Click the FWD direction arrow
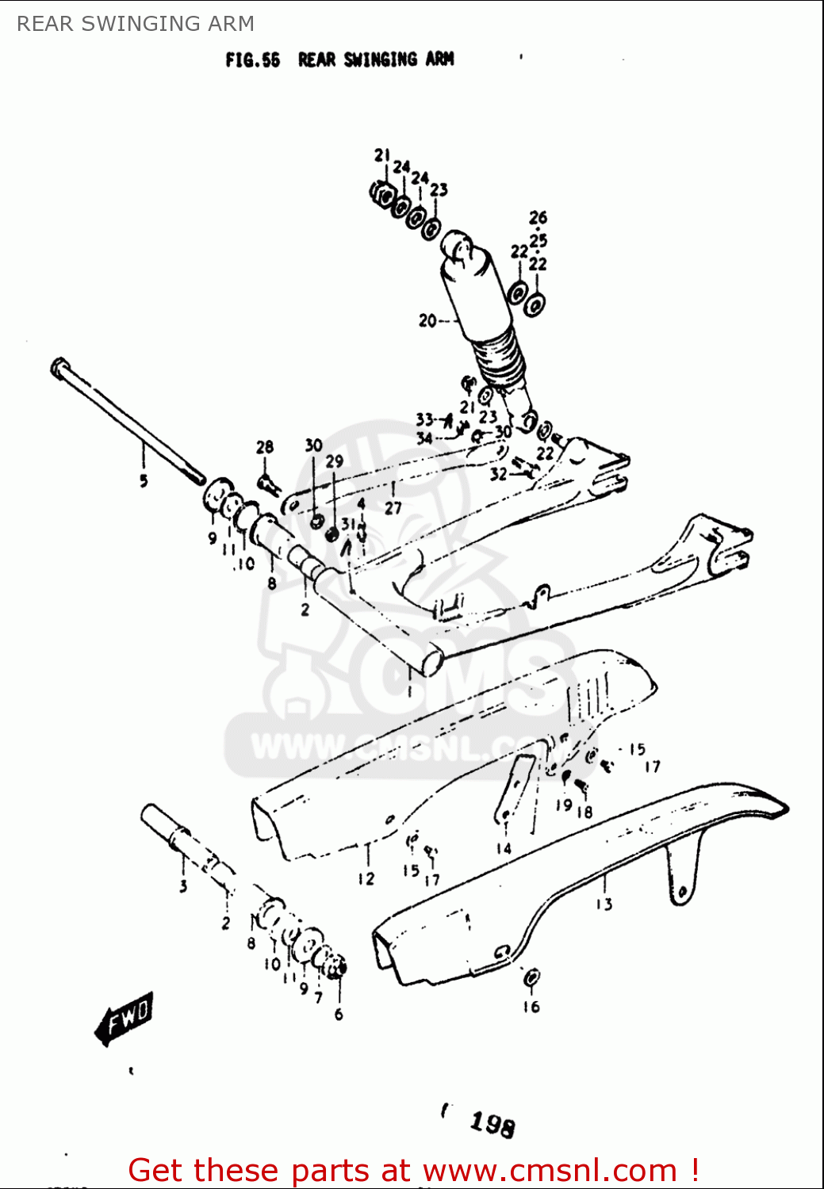point(124,1018)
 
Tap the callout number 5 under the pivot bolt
point(144,480)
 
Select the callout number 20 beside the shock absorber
point(427,321)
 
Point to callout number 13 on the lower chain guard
point(604,904)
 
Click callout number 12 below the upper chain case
point(366,878)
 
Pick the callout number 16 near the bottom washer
point(531,1007)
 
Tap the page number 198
point(492,1123)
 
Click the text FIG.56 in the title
point(252,60)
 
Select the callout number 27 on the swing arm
point(393,508)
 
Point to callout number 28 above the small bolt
point(265,447)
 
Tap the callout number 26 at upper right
point(538,217)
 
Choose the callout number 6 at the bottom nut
point(339,1015)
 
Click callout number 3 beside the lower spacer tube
point(183,885)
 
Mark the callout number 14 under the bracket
point(504,848)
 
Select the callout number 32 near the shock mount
point(498,474)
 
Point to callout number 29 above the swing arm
point(335,461)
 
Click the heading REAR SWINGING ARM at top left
point(136,24)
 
